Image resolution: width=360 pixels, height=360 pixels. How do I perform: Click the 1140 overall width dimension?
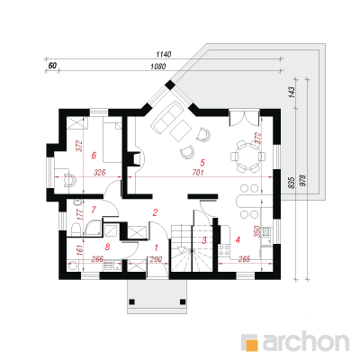point(164,55)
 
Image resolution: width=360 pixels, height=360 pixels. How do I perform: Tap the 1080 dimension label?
point(157,67)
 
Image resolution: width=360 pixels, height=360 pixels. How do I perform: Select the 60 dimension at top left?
point(52,66)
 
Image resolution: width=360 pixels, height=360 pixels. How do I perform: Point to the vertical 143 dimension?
point(292,92)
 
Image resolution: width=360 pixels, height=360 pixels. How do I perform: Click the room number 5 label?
point(202,163)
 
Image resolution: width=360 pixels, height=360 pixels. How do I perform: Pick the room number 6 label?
point(94,156)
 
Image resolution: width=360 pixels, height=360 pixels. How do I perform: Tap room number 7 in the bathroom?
point(94,210)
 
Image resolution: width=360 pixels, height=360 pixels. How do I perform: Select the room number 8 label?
point(107,247)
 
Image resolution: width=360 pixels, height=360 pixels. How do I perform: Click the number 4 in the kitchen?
point(238,240)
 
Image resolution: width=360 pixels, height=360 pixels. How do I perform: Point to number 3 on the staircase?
point(204,240)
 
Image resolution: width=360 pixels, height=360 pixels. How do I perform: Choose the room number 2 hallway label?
point(155,212)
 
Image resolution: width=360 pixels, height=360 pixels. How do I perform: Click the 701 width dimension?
point(198,173)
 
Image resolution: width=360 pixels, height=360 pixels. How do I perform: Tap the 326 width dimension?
point(100,173)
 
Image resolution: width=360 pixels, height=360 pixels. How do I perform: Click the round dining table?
point(247,157)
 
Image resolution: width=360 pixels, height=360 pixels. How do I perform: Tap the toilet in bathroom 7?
point(76,230)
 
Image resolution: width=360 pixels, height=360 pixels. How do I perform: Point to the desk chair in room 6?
point(69,180)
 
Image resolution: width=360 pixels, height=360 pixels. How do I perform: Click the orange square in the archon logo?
point(252,345)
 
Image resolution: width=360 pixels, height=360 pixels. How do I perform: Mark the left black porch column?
point(131,301)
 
